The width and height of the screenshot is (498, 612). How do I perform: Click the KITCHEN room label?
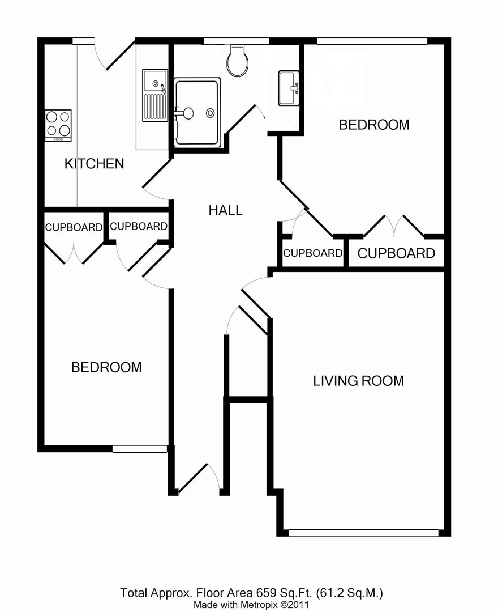coord(95,164)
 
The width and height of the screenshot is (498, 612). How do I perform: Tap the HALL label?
coord(226,210)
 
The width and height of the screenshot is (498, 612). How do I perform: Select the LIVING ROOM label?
coord(358,381)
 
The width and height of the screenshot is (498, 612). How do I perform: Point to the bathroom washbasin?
coord(289,88)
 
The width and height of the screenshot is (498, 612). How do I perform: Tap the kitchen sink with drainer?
coord(154,95)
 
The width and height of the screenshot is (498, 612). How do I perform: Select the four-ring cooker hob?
coord(58,125)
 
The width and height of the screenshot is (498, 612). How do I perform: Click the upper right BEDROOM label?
coord(374,125)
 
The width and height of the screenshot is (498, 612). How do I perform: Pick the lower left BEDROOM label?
coord(106,367)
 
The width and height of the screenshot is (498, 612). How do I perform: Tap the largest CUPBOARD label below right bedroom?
coord(396,253)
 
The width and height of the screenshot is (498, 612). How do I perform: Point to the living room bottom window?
coord(364,533)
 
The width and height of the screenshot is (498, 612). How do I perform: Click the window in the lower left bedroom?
coord(140,449)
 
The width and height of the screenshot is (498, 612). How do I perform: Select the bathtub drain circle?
coord(211,113)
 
